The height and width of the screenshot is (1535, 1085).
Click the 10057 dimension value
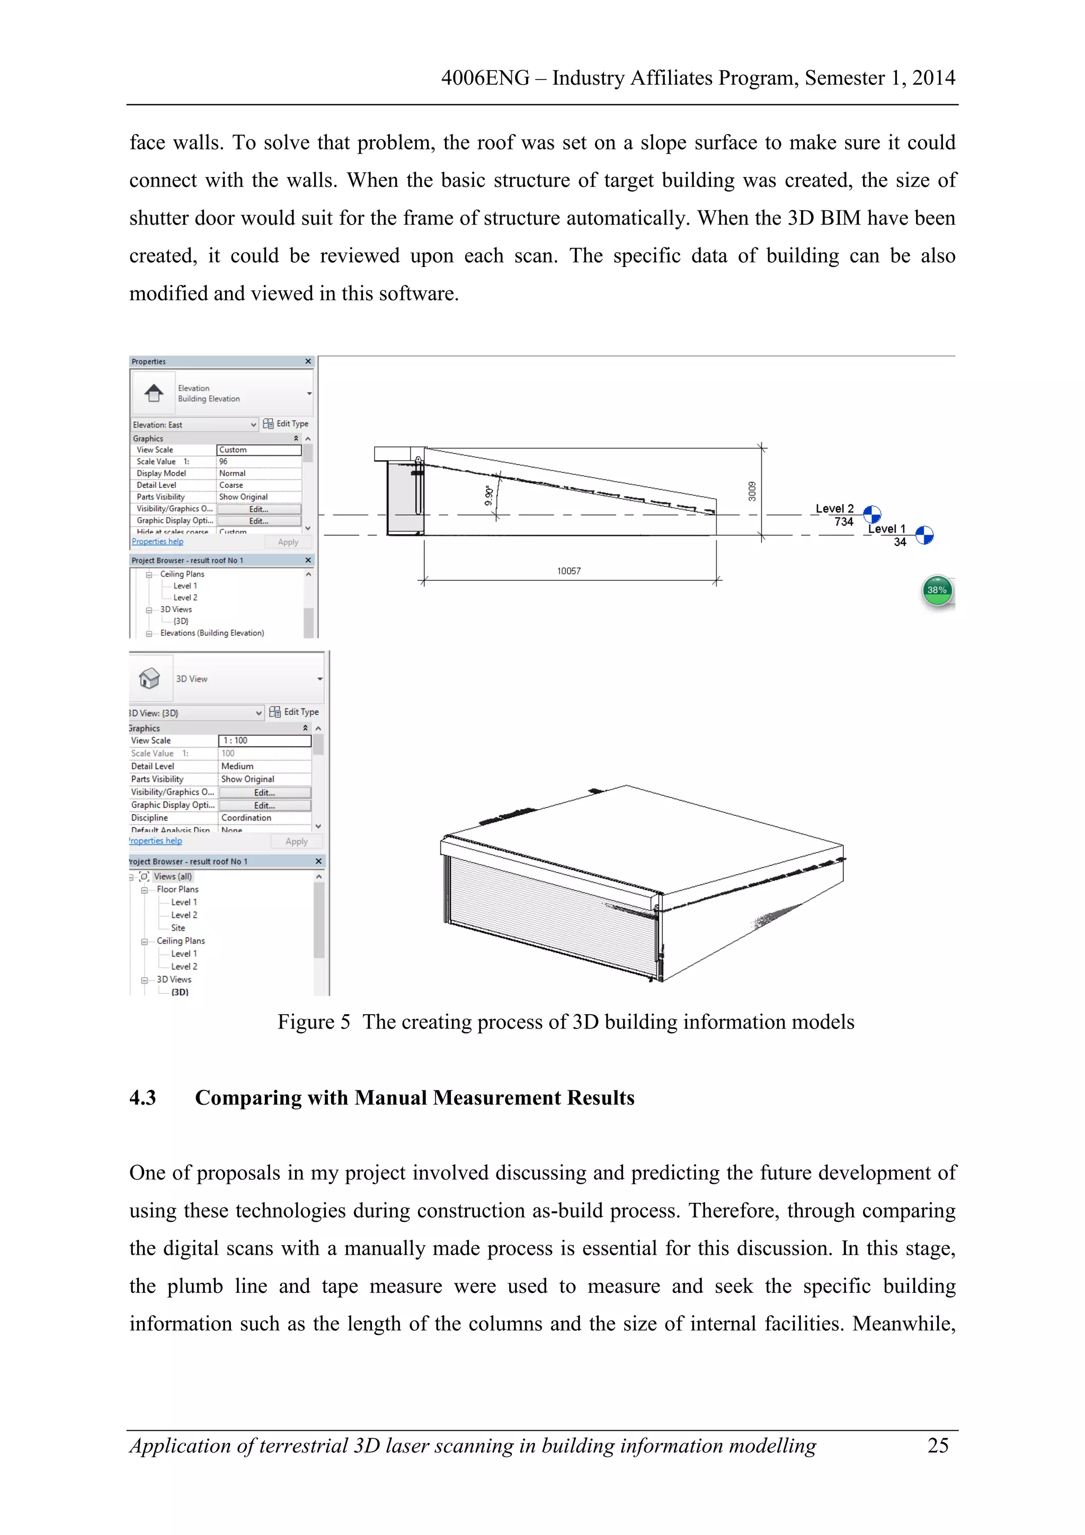coord(568,571)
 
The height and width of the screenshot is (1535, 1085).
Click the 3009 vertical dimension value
coord(752,491)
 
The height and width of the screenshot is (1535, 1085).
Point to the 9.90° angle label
coord(488,496)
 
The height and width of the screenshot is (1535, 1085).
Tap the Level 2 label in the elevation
coord(834,509)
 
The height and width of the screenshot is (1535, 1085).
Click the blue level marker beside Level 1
coord(924,536)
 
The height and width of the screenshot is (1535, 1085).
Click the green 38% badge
coord(937,590)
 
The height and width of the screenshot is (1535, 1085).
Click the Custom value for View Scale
coord(259,450)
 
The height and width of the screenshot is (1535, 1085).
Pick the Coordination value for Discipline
coord(247,818)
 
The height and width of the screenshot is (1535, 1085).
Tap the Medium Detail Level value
coord(237,766)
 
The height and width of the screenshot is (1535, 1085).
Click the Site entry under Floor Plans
coord(178,928)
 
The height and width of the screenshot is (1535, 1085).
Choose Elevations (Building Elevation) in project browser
coord(212,633)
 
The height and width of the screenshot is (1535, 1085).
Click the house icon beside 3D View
coord(149,679)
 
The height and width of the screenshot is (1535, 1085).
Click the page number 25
coord(937,1445)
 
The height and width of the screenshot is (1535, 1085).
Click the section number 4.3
coord(143,1098)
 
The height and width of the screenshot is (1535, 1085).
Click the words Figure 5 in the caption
coord(314,1022)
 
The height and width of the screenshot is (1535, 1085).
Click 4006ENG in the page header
coord(485,78)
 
